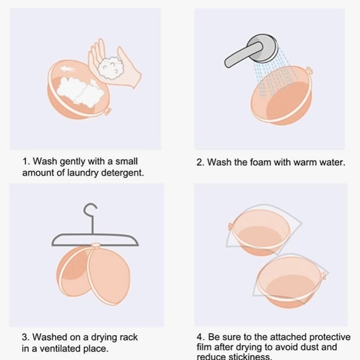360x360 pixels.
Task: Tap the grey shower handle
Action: coord(241,55)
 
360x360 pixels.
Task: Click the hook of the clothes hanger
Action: coord(90,210)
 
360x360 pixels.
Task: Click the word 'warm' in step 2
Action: coord(304,163)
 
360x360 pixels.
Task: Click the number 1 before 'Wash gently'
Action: coord(25,161)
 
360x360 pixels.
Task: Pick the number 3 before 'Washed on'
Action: coord(25,337)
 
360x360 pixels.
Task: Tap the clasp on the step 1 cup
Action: coord(107,111)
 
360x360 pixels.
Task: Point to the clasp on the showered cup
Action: coord(309,71)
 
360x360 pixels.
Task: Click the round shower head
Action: coord(262,48)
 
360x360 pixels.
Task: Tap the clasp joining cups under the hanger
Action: coord(95,246)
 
